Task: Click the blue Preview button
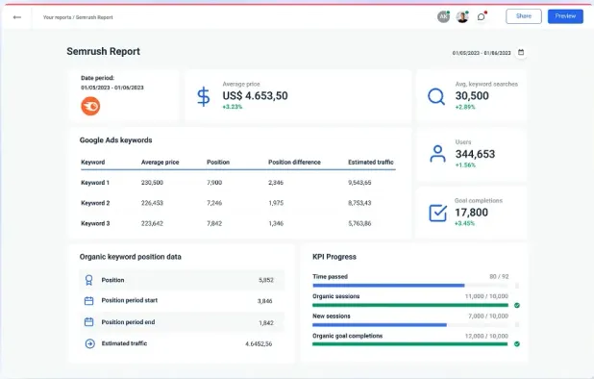565,16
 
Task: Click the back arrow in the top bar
17,16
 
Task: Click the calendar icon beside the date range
521,52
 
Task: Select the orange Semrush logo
89,106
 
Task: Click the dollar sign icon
203,96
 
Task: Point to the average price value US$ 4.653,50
255,95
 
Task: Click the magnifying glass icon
436,96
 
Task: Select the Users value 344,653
475,154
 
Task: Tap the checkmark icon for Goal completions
436,213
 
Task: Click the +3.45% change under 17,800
465,223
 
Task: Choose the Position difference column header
293,163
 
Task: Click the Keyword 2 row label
95,203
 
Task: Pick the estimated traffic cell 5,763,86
365,223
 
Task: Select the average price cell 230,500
152,182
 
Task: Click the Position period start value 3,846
265,301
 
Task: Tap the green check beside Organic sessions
517,305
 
